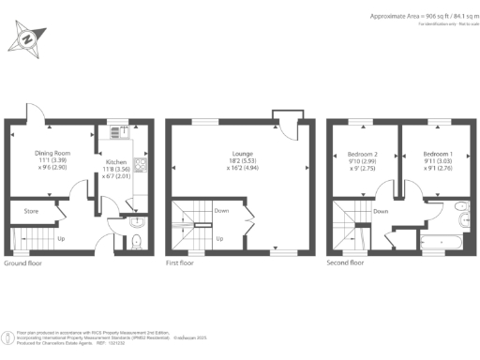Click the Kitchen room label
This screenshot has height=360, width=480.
(x=116, y=160)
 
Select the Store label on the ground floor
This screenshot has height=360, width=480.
(x=30, y=211)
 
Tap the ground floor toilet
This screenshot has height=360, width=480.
(x=138, y=243)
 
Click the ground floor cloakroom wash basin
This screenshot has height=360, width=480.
(x=138, y=222)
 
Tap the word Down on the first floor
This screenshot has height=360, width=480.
(x=221, y=211)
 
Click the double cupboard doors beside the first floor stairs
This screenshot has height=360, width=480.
(x=249, y=225)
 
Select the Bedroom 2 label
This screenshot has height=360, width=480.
(x=361, y=154)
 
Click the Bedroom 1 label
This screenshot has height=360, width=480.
(x=436, y=154)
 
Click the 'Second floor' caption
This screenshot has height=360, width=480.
(x=344, y=263)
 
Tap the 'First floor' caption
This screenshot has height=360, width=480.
(x=181, y=263)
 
